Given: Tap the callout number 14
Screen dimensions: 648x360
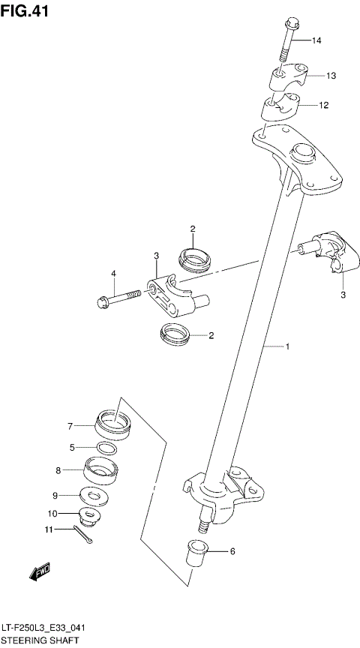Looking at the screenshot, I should (316, 40).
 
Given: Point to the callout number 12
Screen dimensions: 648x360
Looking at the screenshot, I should (323, 106).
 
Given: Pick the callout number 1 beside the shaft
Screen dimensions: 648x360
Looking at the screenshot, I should (286, 346).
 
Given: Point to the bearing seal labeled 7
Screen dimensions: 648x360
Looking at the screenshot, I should (114, 425).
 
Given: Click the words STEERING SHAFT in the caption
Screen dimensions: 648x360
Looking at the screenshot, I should (39, 641).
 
